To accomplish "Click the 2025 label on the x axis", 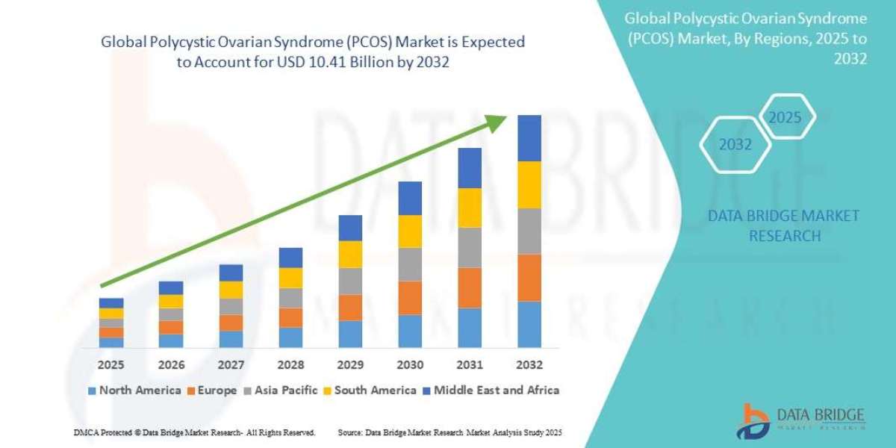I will pyautogui.click(x=111, y=365).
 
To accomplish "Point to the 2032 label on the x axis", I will pyautogui.click(x=529, y=365).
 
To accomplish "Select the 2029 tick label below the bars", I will pyautogui.click(x=350, y=365).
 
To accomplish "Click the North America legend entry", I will pyautogui.click(x=134, y=390).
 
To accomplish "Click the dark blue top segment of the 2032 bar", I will pyautogui.click(x=529, y=138).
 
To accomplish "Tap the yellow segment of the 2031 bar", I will pyautogui.click(x=470, y=208).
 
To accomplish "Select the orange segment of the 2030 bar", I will pyautogui.click(x=410, y=298).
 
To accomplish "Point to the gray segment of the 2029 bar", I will pyautogui.click(x=350, y=281).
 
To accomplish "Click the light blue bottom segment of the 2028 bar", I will pyautogui.click(x=290, y=337).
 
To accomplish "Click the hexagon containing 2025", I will pyautogui.click(x=785, y=118).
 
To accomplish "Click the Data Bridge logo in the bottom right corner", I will pyautogui.click(x=803, y=421).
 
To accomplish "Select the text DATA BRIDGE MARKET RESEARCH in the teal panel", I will pyautogui.click(x=784, y=225).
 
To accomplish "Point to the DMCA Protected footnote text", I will pyautogui.click(x=194, y=432).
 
